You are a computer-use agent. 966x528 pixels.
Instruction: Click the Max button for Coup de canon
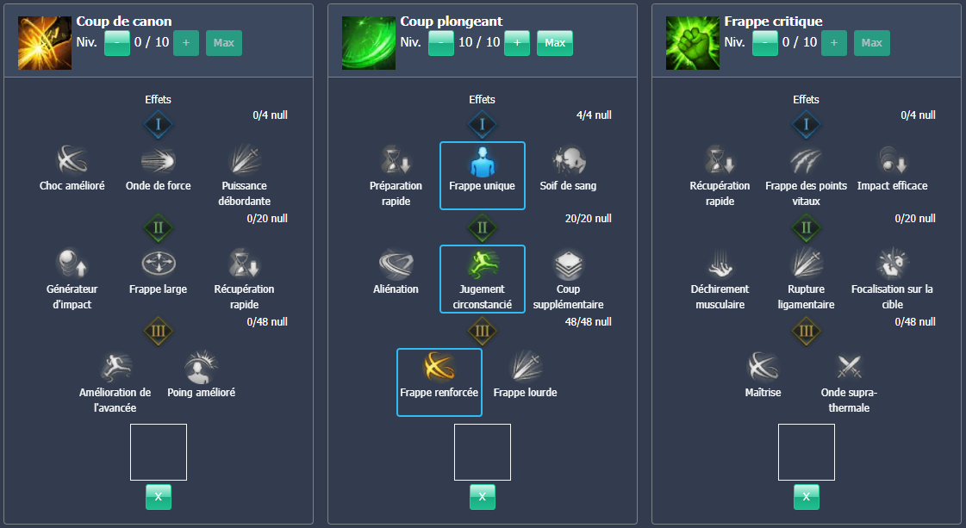click(224, 43)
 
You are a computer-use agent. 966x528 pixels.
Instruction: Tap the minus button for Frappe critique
click(764, 43)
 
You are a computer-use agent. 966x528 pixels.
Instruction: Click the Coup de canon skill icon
click(45, 43)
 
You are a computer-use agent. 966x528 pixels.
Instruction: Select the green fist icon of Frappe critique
click(693, 43)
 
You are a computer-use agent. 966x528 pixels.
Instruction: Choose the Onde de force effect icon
click(159, 160)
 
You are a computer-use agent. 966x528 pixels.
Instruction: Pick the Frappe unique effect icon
click(483, 161)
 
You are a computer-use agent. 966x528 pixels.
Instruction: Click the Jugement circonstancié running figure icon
click(483, 264)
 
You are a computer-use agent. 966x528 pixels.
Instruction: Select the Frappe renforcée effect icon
click(439, 368)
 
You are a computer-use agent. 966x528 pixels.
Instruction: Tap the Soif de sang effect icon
click(568, 160)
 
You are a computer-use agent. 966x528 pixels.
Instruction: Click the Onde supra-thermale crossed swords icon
click(849, 368)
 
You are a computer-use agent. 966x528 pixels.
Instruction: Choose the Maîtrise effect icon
click(763, 368)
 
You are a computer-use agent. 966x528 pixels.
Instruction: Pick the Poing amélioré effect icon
click(201, 368)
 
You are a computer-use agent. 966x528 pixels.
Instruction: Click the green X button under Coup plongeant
click(483, 496)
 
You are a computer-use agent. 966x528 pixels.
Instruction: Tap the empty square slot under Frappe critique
click(806, 452)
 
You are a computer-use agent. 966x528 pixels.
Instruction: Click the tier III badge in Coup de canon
click(159, 331)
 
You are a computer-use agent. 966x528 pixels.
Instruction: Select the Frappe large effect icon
click(159, 264)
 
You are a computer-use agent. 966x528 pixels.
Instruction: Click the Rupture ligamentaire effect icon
click(806, 264)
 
